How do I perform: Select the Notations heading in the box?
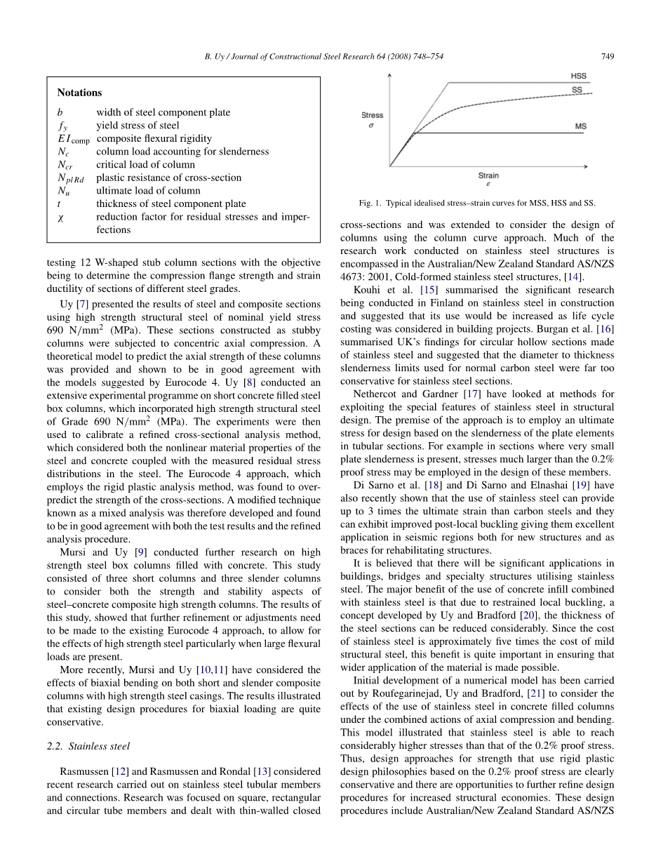point(79,93)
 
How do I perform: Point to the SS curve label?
point(577,90)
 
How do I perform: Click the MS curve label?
point(581,126)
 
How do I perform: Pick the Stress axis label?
point(372,115)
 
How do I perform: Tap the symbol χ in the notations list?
point(61,217)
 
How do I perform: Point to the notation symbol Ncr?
point(64,165)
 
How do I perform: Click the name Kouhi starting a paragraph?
point(368,290)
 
